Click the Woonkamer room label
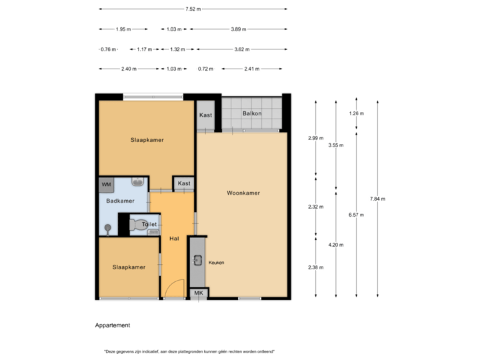pos(243,193)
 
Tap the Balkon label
pos(252,113)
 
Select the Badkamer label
pos(121,201)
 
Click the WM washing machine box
pos(106,183)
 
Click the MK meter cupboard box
pos(198,293)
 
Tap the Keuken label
pos(216,263)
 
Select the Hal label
pos(174,238)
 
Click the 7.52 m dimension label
pos(193,9)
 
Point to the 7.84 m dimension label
pos(377,199)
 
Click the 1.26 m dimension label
pos(357,114)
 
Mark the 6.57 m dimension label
pos(357,215)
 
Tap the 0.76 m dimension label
pos(108,49)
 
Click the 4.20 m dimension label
pos(336,245)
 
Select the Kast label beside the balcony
pos(205,115)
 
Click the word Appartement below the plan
pos(112,326)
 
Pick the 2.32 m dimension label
pos(316,206)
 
